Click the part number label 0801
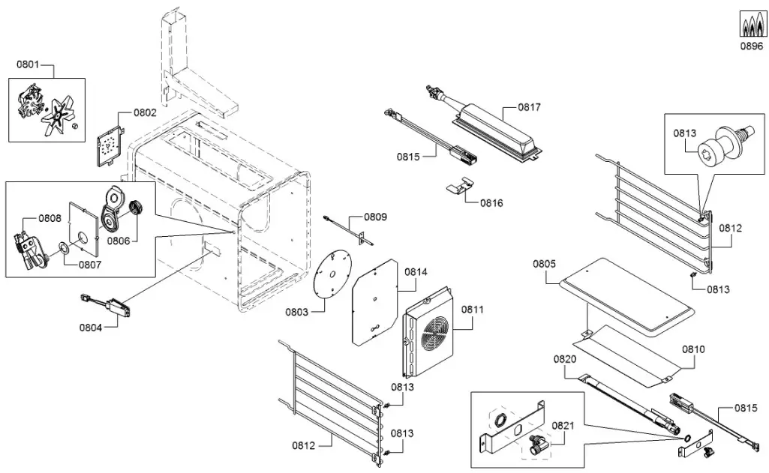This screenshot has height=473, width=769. pos(28,65)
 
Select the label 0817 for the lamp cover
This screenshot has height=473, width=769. pos(530,107)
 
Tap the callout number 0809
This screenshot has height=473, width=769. pos(375,217)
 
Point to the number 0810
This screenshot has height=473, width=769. pos(693,349)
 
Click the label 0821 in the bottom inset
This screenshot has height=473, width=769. pos(563,426)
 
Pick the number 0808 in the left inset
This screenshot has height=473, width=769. pos(50,219)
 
